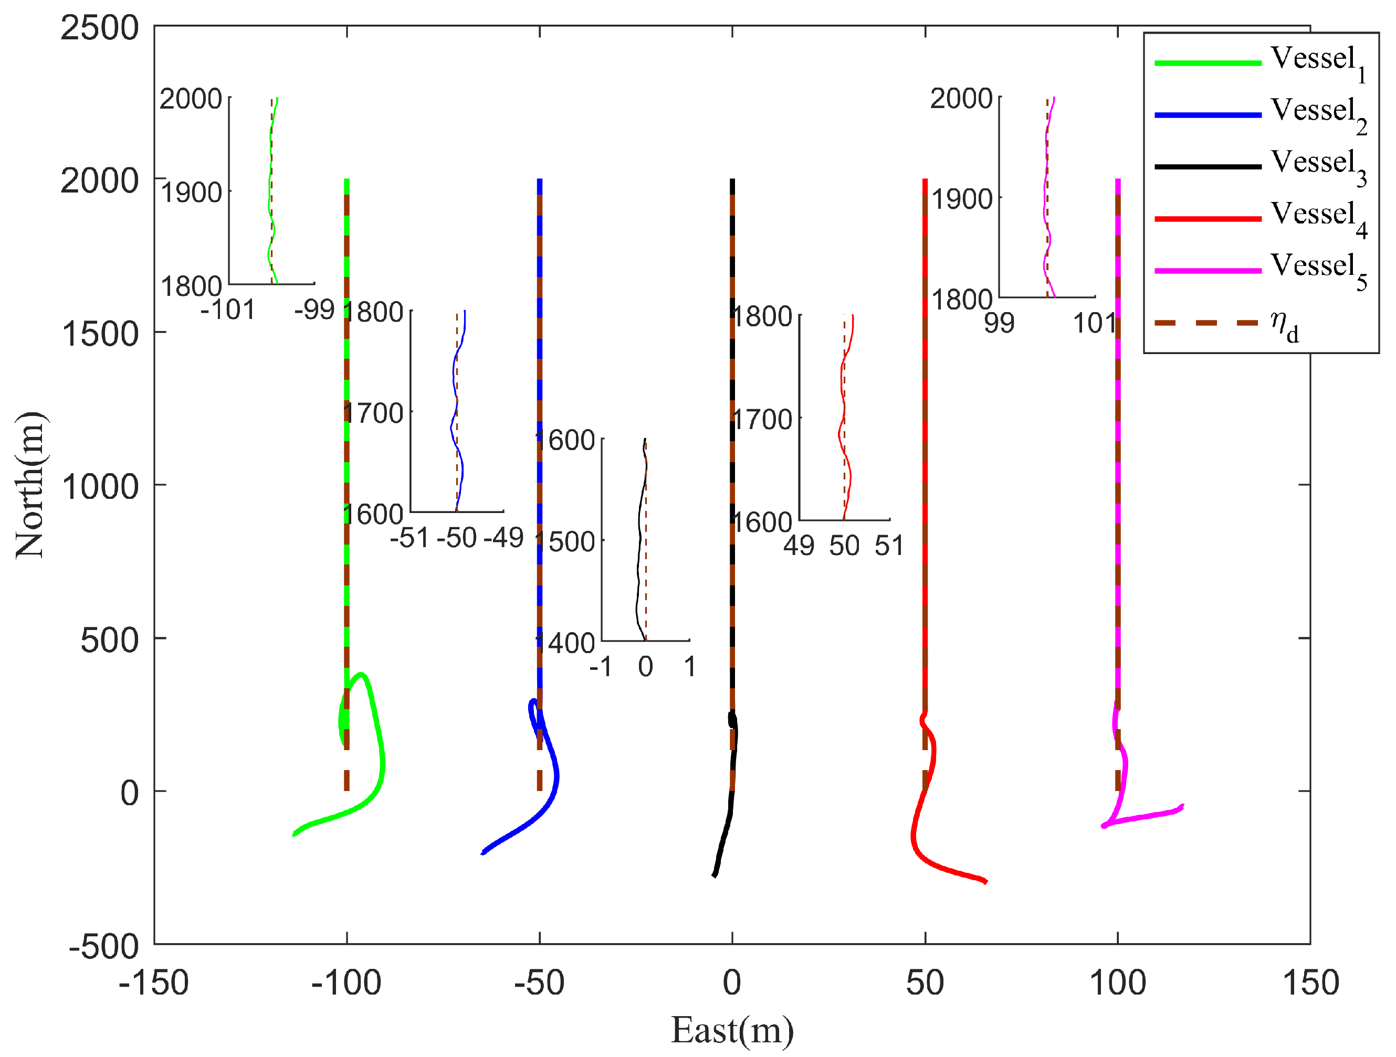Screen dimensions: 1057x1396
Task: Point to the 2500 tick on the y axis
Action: (x=99, y=28)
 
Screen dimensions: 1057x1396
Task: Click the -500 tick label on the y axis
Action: (x=103, y=946)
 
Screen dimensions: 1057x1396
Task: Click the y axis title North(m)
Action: (x=30, y=485)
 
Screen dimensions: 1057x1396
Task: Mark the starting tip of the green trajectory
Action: (x=294, y=835)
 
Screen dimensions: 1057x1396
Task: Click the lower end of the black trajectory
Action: (x=714, y=876)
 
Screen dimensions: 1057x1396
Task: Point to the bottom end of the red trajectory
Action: (x=986, y=882)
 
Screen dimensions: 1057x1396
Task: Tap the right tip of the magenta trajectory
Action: (x=1183, y=805)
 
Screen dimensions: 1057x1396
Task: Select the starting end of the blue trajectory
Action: (x=482, y=853)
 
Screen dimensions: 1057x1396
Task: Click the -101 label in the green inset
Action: (x=227, y=309)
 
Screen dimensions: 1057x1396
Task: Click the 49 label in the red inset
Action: (x=799, y=546)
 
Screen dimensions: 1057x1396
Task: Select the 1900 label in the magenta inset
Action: (x=962, y=199)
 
